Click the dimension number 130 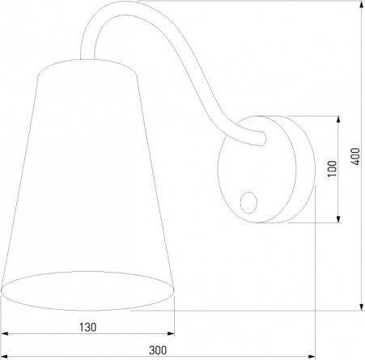(x=87, y=328)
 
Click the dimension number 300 (x=158, y=350)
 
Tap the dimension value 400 (x=355, y=157)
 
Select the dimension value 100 (x=333, y=169)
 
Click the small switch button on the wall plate (x=248, y=202)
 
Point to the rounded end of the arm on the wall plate (x=263, y=138)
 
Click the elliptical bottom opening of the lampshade (x=87, y=291)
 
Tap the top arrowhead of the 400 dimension (x=362, y=4)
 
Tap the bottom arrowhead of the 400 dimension (x=362, y=307)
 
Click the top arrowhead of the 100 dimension (x=338, y=120)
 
